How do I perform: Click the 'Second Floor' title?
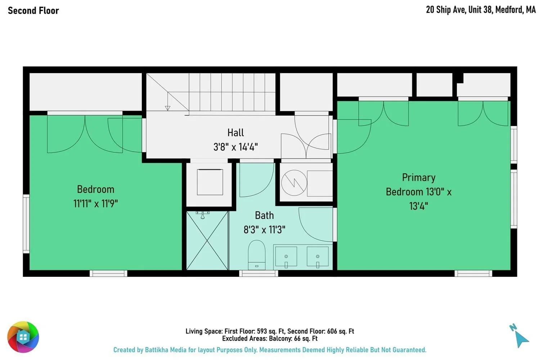tap(33, 10)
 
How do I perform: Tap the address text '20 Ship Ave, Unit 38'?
tap(459, 10)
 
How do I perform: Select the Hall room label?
tap(235, 132)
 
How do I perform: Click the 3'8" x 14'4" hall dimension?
tap(235, 147)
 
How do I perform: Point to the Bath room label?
tap(264, 215)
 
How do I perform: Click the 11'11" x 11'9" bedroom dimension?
tap(95, 203)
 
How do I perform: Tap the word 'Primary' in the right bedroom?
tap(419, 178)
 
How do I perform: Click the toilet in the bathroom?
tap(256, 255)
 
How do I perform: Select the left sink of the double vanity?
tap(286, 257)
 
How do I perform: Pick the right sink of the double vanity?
tap(318, 257)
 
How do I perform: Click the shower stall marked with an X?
tap(207, 240)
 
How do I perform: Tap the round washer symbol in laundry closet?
tap(294, 183)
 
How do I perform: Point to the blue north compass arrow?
tap(522, 339)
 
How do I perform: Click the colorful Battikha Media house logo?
tap(23, 337)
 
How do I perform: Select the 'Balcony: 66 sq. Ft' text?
tap(293, 338)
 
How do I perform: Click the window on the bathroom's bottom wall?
tap(259, 273)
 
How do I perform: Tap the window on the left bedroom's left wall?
tap(26, 224)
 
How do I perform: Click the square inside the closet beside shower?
tap(210, 182)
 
